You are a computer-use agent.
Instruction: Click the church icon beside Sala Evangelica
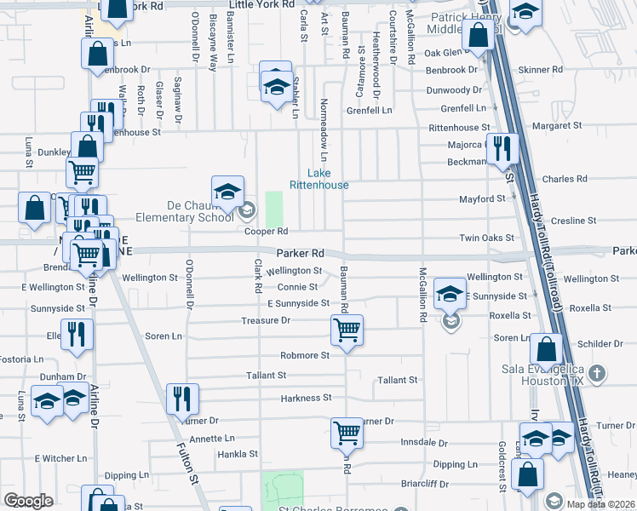click(598, 372)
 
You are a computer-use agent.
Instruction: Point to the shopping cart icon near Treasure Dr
click(347, 330)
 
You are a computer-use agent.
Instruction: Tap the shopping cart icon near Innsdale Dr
click(347, 433)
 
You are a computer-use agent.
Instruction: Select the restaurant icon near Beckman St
click(502, 149)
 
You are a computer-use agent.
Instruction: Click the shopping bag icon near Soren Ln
click(546, 347)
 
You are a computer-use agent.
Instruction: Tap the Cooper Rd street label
click(267, 232)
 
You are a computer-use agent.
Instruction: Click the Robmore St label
click(305, 355)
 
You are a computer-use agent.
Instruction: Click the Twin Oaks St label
click(487, 238)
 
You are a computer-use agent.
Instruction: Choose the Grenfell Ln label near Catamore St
click(369, 111)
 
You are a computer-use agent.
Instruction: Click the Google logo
click(28, 501)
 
